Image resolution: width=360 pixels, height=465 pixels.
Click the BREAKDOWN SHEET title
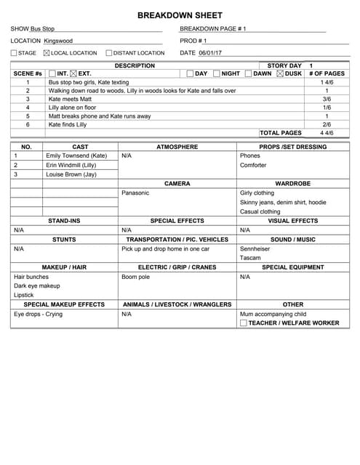pos(180,15)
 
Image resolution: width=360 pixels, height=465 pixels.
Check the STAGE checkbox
pos(14,53)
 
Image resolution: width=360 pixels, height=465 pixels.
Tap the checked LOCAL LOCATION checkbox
pos(47,53)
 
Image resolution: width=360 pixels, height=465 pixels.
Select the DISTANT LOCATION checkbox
pos(108,53)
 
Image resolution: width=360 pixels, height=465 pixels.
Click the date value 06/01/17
pos(211,53)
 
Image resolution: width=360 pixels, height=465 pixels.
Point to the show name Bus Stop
pos(42,28)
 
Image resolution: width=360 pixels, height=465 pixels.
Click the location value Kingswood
pos(58,41)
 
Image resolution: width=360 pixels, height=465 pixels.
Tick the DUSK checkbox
pos(281,73)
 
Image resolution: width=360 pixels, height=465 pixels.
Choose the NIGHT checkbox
pos(217,73)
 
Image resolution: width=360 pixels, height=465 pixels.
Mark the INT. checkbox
pos(52,73)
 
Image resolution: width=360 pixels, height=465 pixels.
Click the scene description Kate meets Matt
pos(70,99)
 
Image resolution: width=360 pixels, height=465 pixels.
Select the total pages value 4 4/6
pos(327,133)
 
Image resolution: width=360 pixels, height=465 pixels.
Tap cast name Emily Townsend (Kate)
pos(76,155)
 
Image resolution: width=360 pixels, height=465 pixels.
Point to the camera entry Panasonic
pos(135,193)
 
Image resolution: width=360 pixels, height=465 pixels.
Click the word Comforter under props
pos(254,165)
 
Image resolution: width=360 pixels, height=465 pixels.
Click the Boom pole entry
pos(135,277)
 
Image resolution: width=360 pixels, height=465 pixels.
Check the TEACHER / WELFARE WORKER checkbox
pos(243,323)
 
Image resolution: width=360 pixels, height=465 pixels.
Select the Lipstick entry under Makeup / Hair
pos(24,295)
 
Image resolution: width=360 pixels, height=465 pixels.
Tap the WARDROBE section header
pos(292,184)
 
